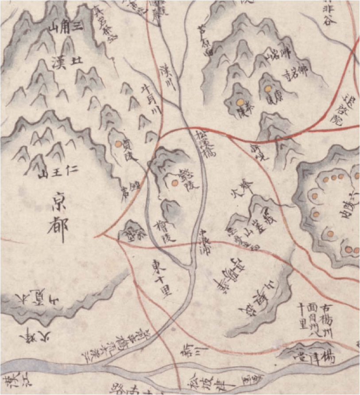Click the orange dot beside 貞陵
click(118, 144)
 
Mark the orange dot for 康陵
click(267, 88)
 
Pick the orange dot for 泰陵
click(240, 103)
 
